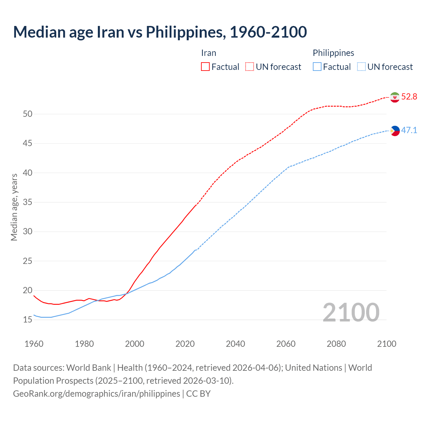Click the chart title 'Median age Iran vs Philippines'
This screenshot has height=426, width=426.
pos(160,32)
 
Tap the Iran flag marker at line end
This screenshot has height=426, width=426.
pos(395,97)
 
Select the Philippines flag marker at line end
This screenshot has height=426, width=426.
pos(395,131)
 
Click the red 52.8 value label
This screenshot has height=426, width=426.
pos(409,97)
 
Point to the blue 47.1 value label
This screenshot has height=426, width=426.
pos(409,130)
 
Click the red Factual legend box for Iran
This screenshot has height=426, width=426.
pos(205,67)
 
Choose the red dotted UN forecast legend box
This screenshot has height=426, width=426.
pos(250,67)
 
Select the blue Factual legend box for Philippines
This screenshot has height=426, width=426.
pos(317,67)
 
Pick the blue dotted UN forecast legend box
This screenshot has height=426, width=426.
pos(361,67)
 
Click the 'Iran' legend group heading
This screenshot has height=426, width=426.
pos(209,53)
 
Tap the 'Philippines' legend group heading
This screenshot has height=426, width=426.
pos(333,53)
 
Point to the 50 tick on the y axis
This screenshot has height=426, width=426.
pos(28,114)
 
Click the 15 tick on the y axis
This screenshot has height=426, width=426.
pos(28,320)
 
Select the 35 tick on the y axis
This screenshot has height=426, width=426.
pos(28,202)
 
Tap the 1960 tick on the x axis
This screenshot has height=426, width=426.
pos(34,344)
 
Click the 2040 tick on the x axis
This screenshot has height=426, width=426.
pos(235,344)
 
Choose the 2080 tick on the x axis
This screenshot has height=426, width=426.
pos(336,344)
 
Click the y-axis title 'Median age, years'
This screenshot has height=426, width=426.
pos(14,207)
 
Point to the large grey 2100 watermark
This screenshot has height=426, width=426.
pos(351,312)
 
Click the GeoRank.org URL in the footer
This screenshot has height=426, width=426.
pos(97,394)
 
